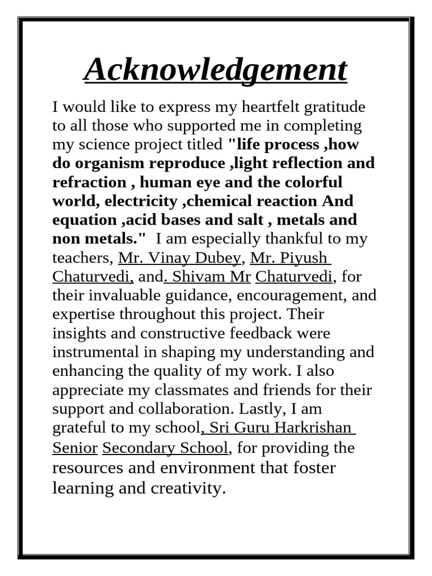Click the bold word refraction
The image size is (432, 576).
[89, 182]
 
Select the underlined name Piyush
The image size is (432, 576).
[307, 257]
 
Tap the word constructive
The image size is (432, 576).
[183, 333]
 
